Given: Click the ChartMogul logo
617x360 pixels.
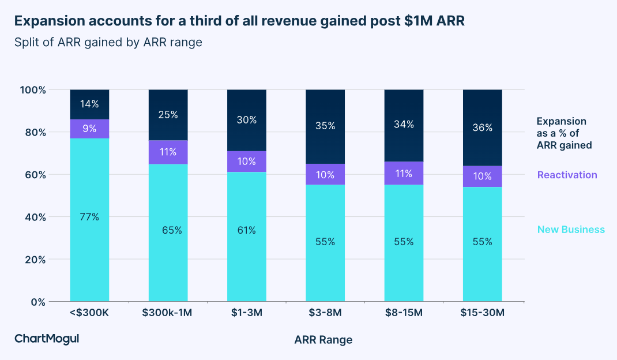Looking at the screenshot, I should [47, 339].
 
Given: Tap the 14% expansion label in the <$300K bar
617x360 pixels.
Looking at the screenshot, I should [89, 104].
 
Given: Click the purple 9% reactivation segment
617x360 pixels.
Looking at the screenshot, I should [89, 128].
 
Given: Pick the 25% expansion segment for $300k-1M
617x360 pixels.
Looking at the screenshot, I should [168, 115].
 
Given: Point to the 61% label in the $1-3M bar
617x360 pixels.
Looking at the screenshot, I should [247, 230].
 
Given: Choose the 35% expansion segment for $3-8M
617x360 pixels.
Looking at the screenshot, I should [325, 125].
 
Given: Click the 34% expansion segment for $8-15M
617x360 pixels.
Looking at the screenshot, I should [404, 125].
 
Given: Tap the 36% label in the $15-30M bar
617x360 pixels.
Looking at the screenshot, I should [483, 128].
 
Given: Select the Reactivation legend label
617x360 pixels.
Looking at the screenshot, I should [567, 175].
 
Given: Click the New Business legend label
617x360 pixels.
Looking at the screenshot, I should [571, 230].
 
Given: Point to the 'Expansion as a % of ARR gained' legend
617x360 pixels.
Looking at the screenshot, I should [564, 133].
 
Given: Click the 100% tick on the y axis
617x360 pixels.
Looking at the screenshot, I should [32, 90].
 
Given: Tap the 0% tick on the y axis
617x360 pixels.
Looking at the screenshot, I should [37, 302].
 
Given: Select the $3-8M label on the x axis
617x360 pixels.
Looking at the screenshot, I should [325, 313].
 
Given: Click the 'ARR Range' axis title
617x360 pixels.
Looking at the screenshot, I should [323, 340].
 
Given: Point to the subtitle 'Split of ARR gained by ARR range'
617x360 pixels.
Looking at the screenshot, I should [108, 42].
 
